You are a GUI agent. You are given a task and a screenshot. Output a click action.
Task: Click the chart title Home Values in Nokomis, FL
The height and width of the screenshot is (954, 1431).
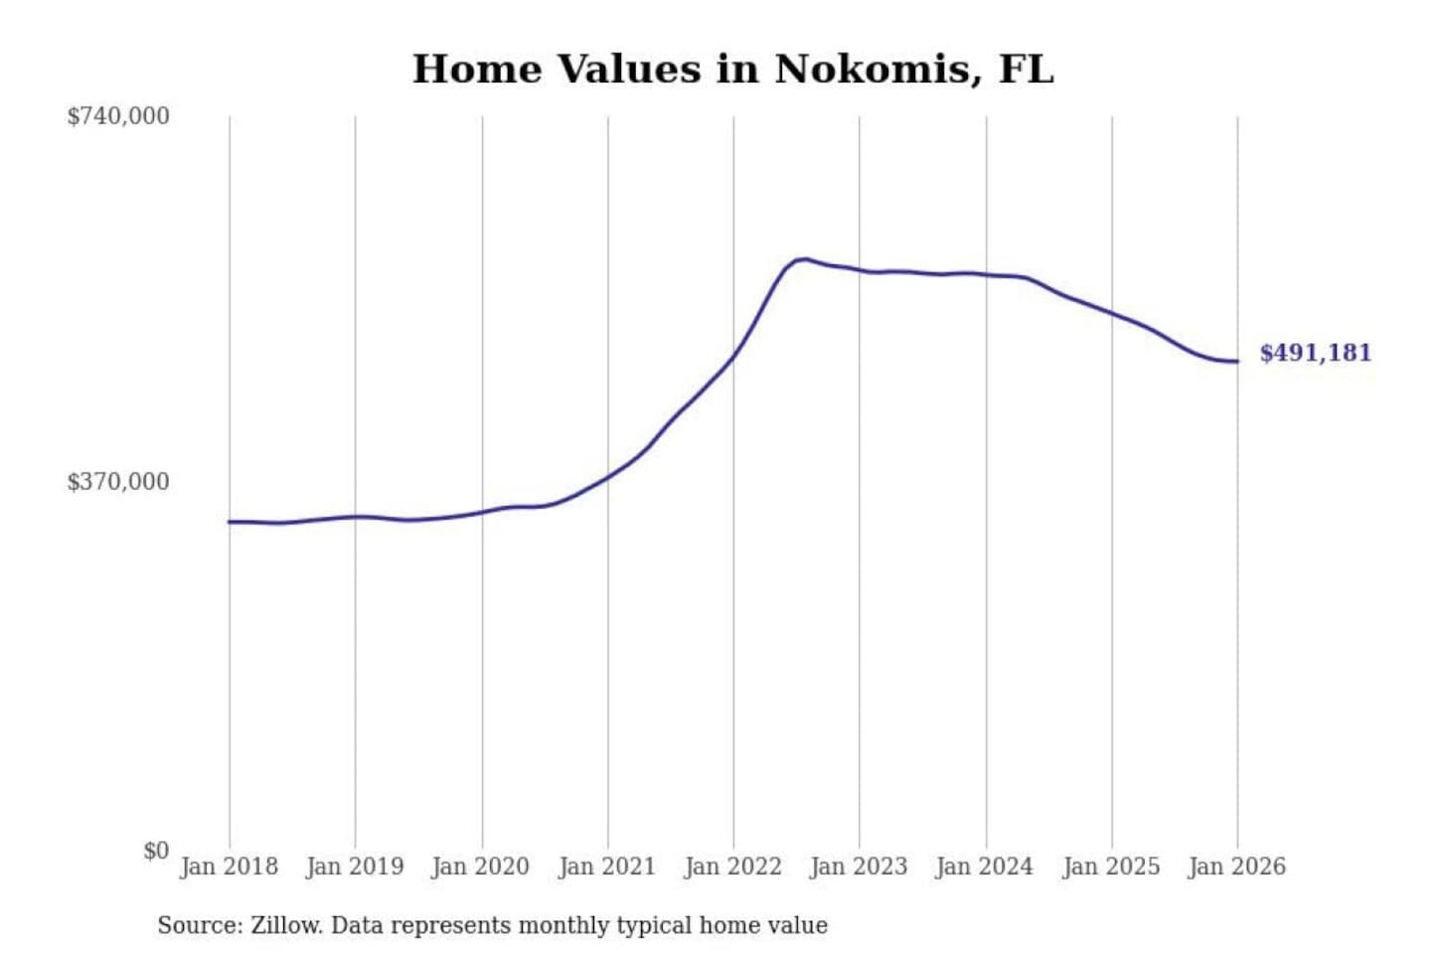(x=732, y=70)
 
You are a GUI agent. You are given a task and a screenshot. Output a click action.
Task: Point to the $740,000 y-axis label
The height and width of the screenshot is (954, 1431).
(x=118, y=116)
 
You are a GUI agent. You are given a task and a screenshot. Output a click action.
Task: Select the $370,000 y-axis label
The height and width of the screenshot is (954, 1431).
(x=118, y=482)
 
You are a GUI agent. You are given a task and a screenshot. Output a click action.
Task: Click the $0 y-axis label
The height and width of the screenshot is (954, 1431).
(x=156, y=851)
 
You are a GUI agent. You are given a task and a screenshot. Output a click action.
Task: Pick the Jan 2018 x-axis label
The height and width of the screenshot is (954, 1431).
(x=230, y=867)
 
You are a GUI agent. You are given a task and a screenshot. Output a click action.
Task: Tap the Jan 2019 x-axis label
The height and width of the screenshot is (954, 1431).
(x=355, y=867)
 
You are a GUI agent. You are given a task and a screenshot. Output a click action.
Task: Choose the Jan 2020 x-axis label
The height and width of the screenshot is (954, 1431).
(x=481, y=867)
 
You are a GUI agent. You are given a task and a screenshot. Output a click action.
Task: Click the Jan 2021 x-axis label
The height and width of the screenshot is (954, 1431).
(x=607, y=867)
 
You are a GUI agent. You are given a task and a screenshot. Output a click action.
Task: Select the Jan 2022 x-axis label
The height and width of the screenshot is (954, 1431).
(x=733, y=867)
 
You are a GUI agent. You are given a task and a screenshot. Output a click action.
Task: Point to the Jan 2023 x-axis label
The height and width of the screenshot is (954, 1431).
(x=859, y=867)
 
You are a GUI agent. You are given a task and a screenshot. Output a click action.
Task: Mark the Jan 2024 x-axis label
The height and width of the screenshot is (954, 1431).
(x=985, y=867)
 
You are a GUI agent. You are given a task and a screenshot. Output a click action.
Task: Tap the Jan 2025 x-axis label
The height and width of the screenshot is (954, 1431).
(x=1111, y=867)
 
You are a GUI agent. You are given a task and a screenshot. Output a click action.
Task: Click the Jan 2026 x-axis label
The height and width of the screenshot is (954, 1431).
(x=1237, y=867)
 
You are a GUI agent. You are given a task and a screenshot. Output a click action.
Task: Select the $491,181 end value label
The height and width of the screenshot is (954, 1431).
(x=1315, y=353)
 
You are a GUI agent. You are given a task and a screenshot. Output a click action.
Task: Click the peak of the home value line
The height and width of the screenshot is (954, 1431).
(x=803, y=259)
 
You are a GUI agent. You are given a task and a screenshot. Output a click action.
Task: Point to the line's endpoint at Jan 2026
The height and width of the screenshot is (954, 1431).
(x=1237, y=361)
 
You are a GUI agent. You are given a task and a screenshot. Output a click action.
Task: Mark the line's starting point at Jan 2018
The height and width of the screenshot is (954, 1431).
(x=230, y=522)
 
